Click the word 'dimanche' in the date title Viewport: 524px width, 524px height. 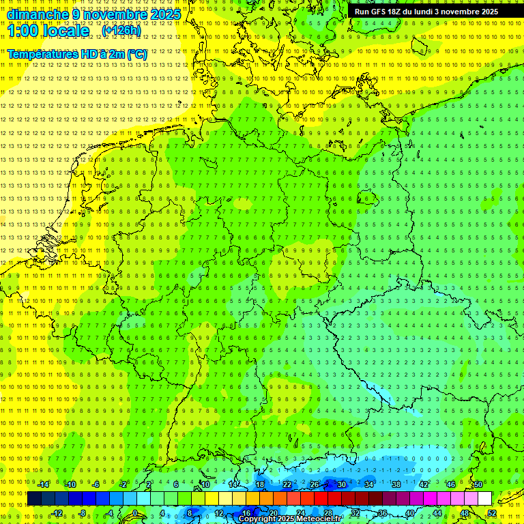coord(34,14)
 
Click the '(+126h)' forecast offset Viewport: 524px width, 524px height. coord(121,31)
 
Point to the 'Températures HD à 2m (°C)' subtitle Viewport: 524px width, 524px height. coord(77,53)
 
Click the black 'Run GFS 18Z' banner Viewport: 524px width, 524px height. coord(426,12)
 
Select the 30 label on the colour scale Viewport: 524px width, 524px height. coord(341,484)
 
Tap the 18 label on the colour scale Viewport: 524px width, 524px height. coord(259,484)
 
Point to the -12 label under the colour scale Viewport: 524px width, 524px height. coord(57,512)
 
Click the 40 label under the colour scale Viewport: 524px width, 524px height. coord(409,512)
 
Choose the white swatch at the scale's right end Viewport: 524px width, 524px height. coord(484,498)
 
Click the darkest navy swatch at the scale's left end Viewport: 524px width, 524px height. coord(34,498)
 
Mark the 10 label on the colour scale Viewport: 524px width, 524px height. coord(205,484)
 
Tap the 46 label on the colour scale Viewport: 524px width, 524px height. coord(450,484)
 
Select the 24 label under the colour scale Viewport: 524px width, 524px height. coord(300,512)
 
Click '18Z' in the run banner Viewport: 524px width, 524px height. coord(394,12)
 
